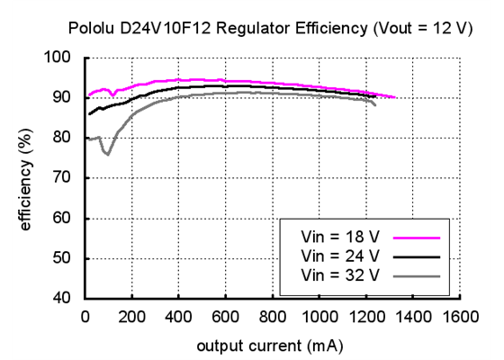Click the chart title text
point(270,29)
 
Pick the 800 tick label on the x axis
point(272,316)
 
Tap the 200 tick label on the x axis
point(131,316)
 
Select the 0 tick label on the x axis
point(85,316)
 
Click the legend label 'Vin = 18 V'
point(342,238)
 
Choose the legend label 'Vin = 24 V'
point(342,256)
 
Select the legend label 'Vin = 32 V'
point(342,274)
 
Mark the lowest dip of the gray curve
point(108,154)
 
